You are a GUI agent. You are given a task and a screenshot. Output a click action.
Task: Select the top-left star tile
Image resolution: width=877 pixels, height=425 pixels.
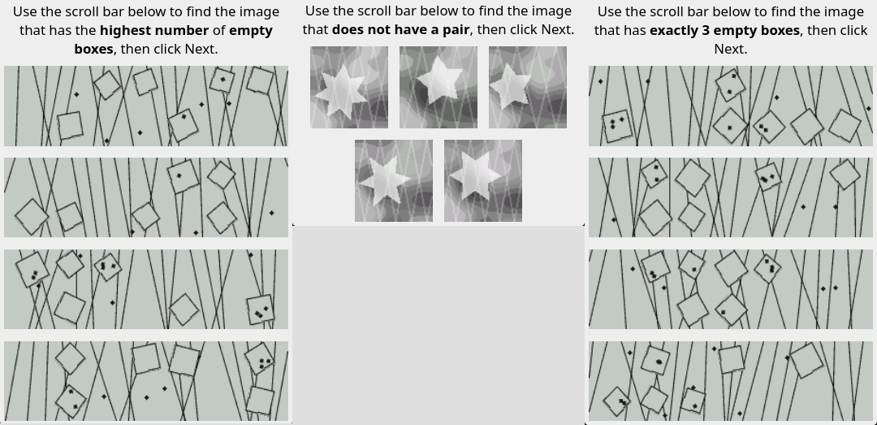tap(349, 87)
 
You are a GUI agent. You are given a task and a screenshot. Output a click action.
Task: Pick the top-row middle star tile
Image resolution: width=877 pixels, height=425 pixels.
tap(438, 87)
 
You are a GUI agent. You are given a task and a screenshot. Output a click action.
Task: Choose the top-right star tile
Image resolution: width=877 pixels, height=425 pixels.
tap(528, 87)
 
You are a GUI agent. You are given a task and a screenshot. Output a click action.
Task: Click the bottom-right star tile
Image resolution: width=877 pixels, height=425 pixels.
tap(482, 181)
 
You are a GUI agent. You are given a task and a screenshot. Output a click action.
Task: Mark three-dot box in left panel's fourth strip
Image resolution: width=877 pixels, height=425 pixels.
tap(260, 358)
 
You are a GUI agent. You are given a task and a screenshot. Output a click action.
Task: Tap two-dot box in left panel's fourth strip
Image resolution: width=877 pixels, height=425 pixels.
tap(71, 401)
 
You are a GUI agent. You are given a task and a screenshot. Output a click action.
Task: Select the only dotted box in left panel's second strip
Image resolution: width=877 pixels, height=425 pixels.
tap(183, 176)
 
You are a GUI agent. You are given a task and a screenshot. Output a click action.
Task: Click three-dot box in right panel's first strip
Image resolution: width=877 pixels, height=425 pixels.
tap(616, 125)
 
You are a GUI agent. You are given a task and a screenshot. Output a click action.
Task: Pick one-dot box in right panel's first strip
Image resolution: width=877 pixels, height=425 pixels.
tap(731, 125)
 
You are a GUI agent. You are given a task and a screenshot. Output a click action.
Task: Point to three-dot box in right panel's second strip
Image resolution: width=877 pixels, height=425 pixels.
tap(768, 177)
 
